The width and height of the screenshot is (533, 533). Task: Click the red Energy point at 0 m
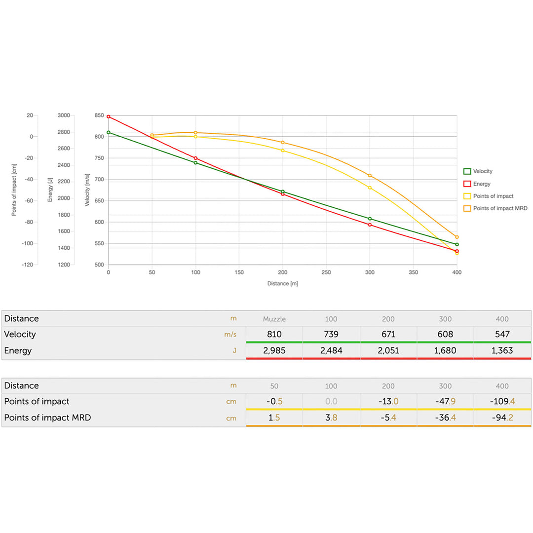coord(109,117)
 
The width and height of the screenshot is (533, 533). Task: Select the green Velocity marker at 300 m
coord(370,219)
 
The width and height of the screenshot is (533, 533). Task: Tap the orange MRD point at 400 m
coord(457,237)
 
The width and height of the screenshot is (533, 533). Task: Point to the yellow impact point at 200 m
coord(283,151)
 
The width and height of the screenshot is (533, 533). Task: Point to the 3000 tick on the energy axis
coord(64,115)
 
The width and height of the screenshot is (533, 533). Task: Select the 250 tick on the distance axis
coord(326,272)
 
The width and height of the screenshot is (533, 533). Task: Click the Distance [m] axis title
coord(283,284)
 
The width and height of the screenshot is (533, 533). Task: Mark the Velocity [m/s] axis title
coord(87,190)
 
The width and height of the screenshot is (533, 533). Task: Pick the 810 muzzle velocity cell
coord(274,334)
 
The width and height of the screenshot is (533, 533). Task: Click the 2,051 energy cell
coord(388,351)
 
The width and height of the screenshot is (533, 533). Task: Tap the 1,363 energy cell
coord(502,351)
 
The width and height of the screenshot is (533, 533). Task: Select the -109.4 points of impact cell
coord(502,401)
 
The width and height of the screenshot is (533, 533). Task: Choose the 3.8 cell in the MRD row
coord(331,418)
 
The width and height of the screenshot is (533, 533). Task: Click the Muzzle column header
coord(274,319)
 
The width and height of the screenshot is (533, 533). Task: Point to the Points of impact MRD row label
coord(47,418)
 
